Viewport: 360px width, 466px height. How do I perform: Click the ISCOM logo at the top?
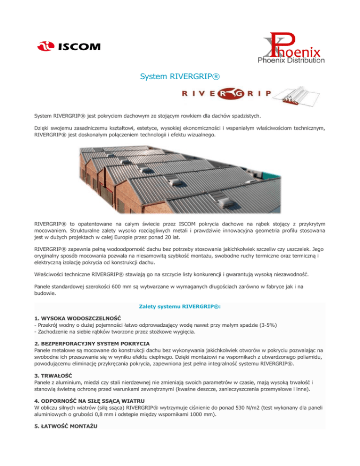(68, 46)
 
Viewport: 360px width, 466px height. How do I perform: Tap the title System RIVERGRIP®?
(180, 76)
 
